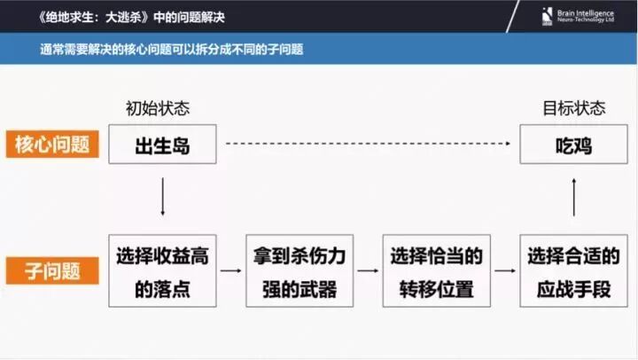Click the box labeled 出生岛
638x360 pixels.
(162, 145)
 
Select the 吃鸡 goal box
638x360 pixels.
(573, 145)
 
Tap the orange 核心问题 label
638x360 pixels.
(52, 145)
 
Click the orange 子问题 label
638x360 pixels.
(52, 270)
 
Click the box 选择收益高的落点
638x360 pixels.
(162, 270)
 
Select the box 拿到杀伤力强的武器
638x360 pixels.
(300, 270)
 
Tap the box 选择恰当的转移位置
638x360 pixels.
(436, 270)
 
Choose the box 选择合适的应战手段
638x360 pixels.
(573, 270)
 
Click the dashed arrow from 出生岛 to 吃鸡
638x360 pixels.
(369, 144)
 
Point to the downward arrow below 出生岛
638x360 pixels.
(162, 197)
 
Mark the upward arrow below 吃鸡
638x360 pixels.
(573, 197)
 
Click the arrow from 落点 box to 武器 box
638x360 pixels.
(230, 270)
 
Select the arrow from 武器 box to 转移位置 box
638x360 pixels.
(368, 270)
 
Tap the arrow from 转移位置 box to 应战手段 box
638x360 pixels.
(505, 270)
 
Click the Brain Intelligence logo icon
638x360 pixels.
(547, 16)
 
